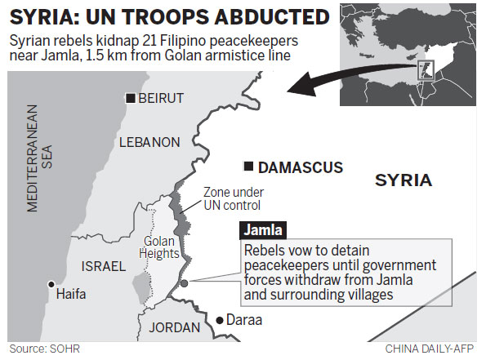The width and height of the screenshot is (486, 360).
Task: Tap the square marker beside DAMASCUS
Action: tap(247, 167)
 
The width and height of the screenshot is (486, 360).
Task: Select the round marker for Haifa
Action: tap(51, 285)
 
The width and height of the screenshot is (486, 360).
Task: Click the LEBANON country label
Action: tap(149, 142)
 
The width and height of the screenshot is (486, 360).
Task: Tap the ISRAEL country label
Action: tap(104, 266)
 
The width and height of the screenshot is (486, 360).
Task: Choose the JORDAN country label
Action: tap(174, 327)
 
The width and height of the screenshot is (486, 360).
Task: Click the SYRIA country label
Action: tap(404, 180)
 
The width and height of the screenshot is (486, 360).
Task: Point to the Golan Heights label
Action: tap(160, 247)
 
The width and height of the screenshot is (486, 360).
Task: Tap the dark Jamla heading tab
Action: tap(261, 230)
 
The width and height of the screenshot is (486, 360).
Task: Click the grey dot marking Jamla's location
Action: tap(185, 283)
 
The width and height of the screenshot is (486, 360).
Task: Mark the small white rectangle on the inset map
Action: tap(426, 69)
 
